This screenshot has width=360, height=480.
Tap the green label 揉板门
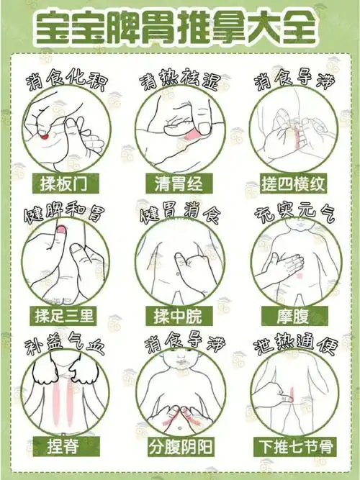coord(65,184)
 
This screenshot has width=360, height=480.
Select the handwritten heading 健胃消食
coord(180,214)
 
